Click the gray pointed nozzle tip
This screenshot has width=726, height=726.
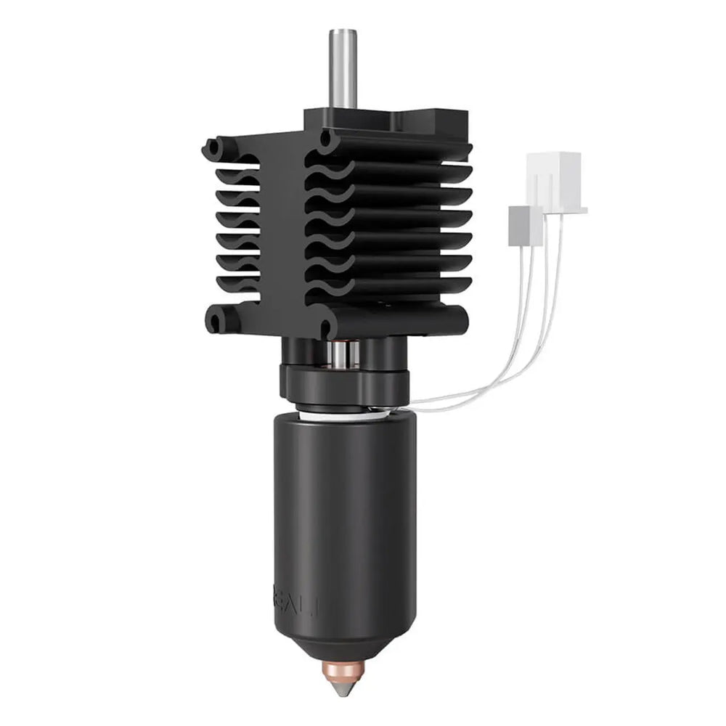click(345, 685)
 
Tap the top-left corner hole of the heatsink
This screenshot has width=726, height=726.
click(213, 148)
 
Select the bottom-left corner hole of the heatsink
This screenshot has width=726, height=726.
click(214, 319)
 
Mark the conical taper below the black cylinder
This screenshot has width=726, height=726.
click(345, 643)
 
